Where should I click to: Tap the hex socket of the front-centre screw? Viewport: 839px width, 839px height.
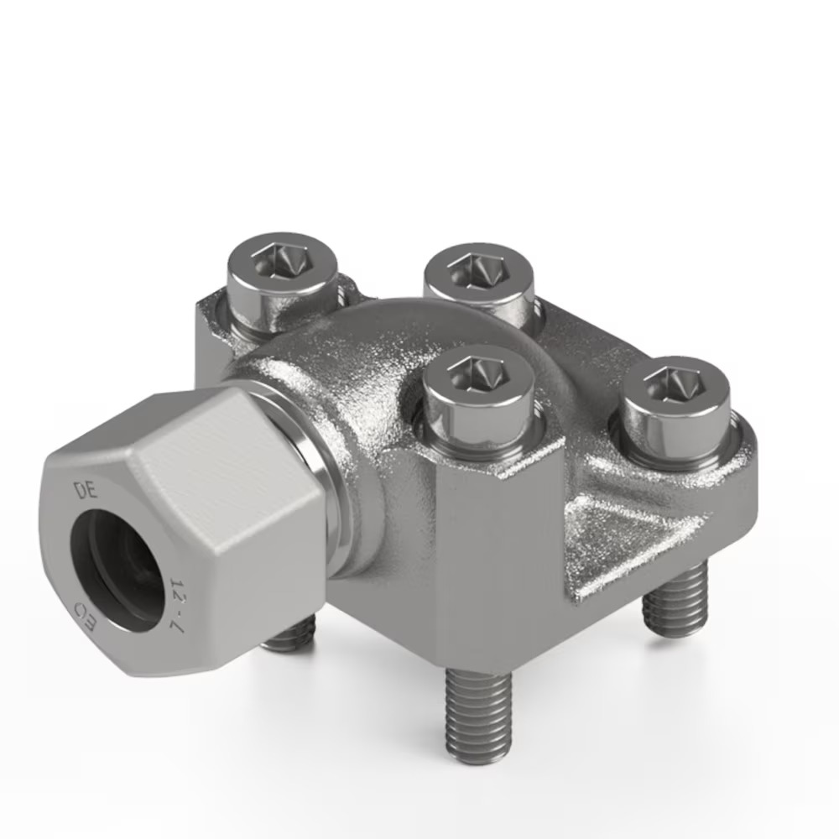[x=478, y=376]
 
